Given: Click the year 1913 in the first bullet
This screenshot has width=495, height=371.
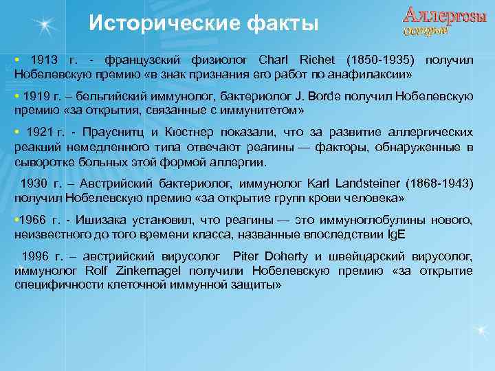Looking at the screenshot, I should [43, 60].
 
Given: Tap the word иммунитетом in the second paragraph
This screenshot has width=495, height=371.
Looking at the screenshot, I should [261, 109].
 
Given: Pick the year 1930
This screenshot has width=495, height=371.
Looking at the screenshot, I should [36, 183].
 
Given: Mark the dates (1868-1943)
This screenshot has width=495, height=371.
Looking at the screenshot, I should [439, 183].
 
